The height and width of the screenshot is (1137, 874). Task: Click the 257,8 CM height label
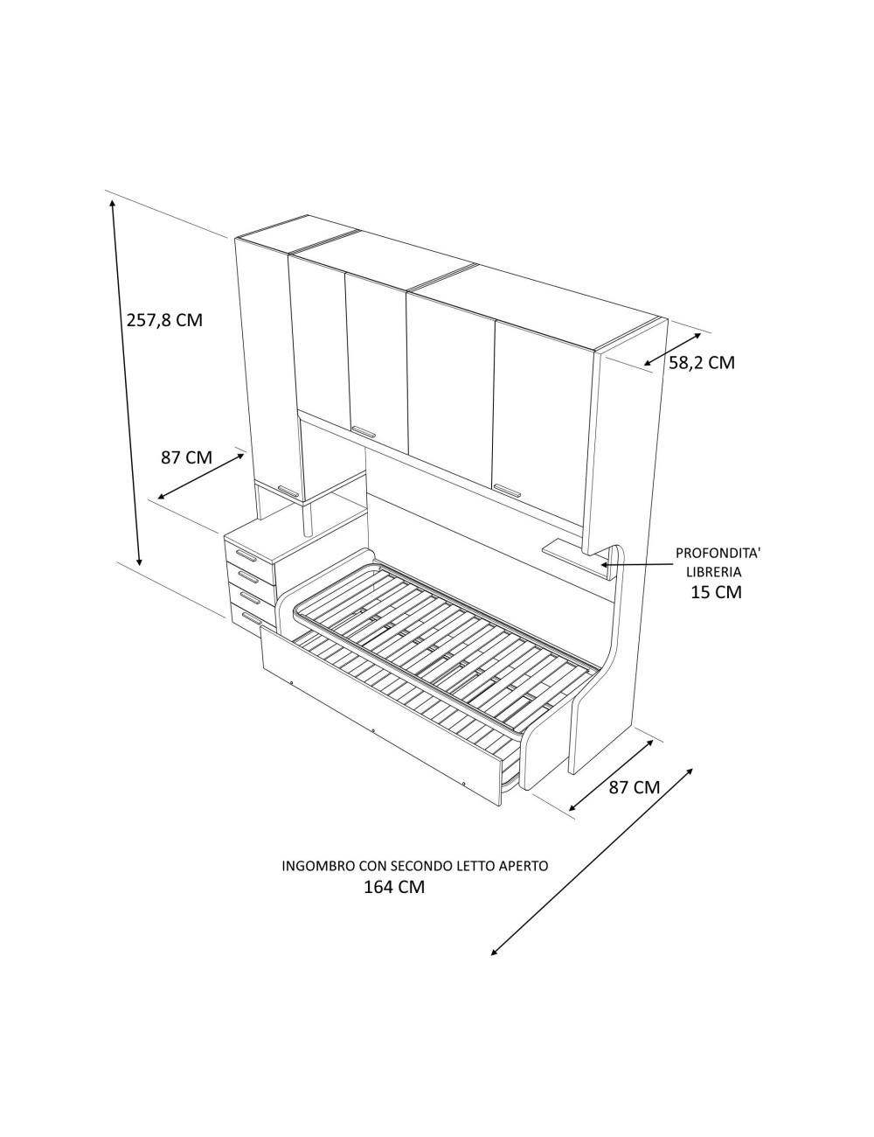(x=164, y=320)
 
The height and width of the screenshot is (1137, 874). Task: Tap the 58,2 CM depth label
(x=702, y=363)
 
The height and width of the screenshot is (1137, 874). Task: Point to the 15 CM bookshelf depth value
(x=716, y=592)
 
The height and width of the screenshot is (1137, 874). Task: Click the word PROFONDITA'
(x=718, y=554)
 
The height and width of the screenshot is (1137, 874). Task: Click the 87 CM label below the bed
(x=634, y=802)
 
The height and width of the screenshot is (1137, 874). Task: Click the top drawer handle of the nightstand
(x=246, y=555)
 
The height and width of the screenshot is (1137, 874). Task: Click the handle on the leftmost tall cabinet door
(x=288, y=491)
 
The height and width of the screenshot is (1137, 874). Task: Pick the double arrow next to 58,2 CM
(x=672, y=348)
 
